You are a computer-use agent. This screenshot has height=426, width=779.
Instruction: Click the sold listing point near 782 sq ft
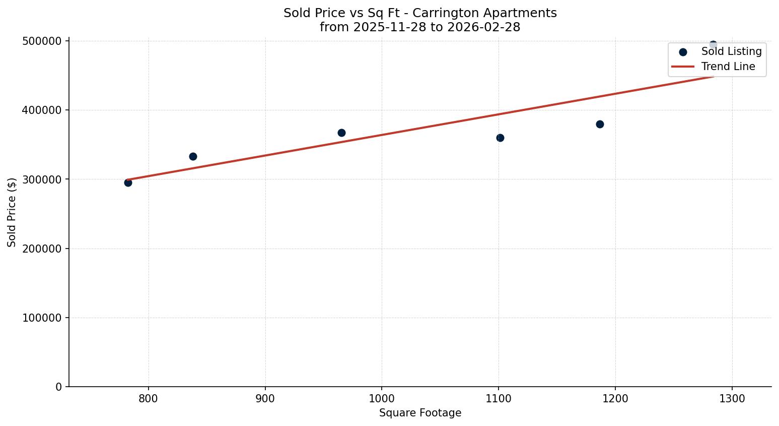(128, 182)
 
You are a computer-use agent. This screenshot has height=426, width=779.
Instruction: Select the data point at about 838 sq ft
(193, 156)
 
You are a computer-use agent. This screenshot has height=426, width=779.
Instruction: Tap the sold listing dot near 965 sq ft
(341, 133)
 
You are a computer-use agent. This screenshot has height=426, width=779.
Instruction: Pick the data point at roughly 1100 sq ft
(500, 138)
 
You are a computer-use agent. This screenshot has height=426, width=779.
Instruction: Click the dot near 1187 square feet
(600, 124)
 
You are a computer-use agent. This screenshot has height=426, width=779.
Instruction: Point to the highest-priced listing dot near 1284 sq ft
(713, 45)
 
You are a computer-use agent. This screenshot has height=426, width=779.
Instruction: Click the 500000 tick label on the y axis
(42, 41)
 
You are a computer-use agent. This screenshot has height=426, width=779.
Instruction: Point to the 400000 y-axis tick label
(42, 110)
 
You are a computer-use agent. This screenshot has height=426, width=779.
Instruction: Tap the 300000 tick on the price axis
(42, 179)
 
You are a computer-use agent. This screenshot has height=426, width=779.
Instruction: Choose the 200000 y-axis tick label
(42, 249)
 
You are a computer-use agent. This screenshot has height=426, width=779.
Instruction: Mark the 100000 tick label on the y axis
(42, 318)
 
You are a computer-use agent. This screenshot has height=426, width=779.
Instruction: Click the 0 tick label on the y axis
(58, 387)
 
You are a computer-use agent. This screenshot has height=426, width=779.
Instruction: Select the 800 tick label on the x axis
(149, 398)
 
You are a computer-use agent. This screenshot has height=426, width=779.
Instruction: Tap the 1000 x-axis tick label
(382, 398)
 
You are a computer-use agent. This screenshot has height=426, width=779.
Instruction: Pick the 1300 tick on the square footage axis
(732, 398)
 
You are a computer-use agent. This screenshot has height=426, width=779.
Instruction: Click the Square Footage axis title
(420, 413)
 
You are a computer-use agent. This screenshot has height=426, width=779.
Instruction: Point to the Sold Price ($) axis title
(12, 212)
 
